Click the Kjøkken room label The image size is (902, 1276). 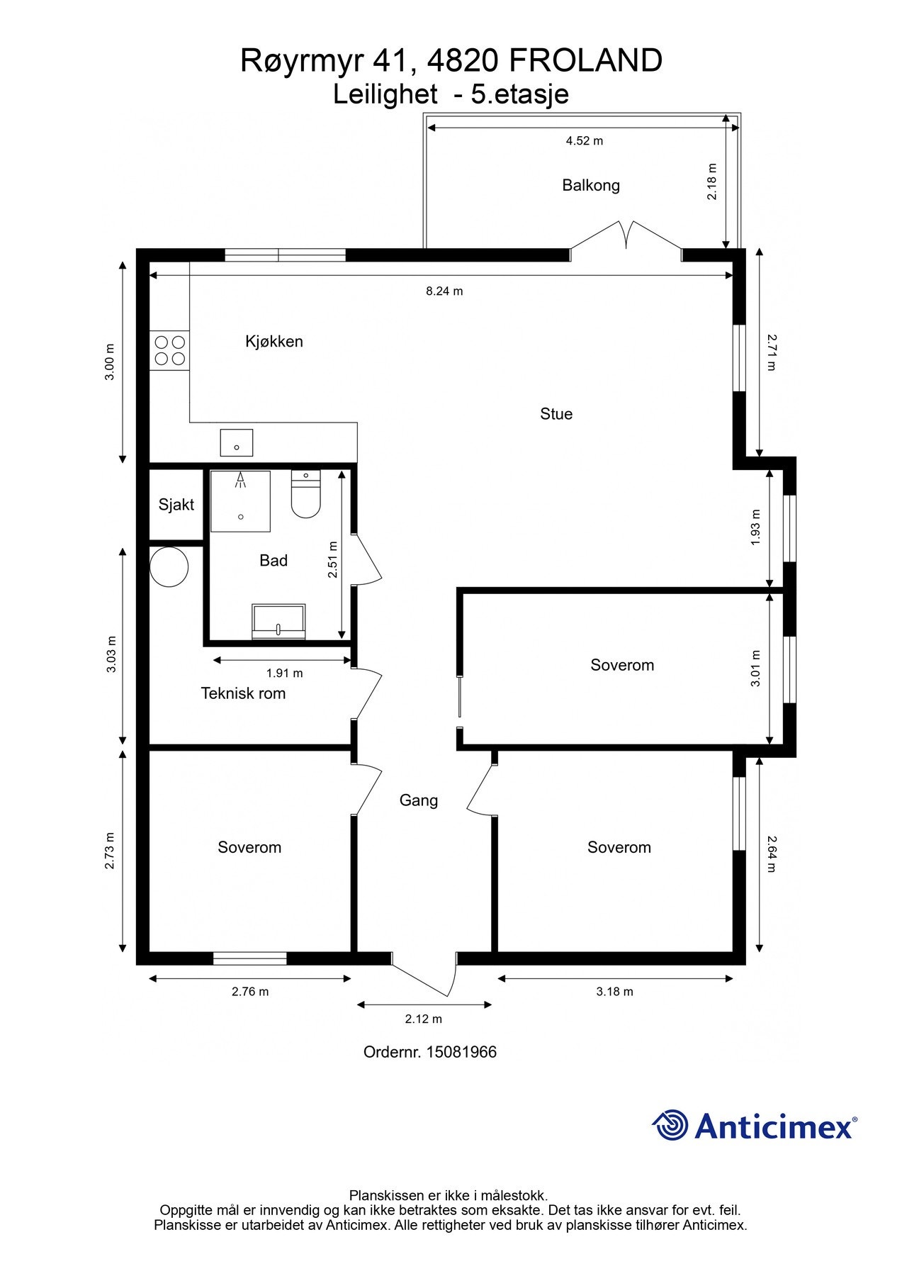(274, 342)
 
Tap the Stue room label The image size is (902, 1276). (556, 414)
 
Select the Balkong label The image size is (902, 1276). (591, 186)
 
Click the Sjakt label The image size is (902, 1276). (176, 505)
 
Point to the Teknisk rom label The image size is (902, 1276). (243, 693)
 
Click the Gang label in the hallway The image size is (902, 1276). (419, 801)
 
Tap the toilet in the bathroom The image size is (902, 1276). (306, 493)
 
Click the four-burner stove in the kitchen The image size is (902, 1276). (170, 350)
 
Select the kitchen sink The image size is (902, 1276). (237, 442)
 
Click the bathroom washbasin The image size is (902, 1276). (278, 621)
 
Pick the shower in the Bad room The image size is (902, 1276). (241, 500)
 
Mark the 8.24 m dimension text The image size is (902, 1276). (444, 291)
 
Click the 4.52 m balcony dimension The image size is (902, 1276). (585, 141)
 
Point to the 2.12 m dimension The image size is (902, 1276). (424, 1019)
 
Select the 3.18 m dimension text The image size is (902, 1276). (614, 992)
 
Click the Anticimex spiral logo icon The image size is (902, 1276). (670, 1125)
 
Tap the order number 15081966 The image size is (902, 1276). (461, 1052)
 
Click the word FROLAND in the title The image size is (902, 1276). (585, 61)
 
